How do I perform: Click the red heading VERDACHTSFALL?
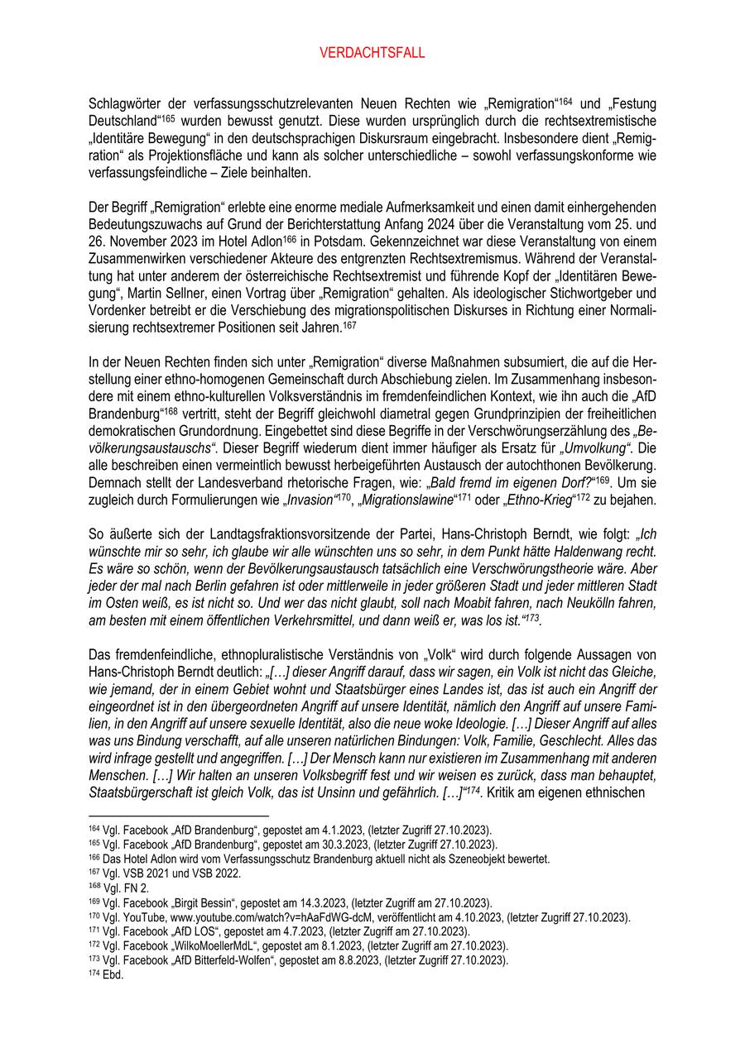coord(372,53)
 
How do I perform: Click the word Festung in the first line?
coord(633,104)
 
